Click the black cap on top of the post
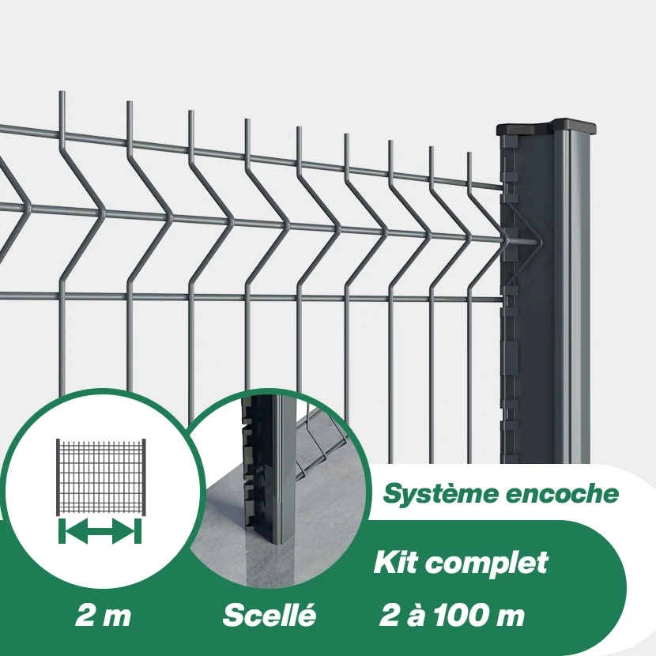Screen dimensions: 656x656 click(547, 126)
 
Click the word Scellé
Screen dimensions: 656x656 click(269, 615)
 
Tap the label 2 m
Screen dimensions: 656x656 click(103, 616)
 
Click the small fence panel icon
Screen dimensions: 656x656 click(100, 474)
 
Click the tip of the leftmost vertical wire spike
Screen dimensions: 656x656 click(62, 94)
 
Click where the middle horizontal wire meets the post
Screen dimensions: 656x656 click(506, 237)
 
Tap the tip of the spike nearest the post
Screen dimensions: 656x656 click(469, 153)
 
